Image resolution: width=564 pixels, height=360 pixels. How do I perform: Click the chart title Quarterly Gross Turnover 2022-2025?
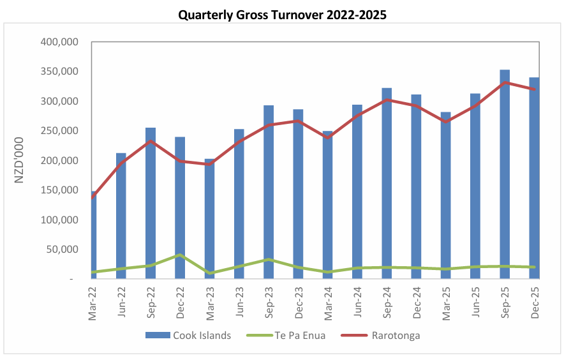pos(283,15)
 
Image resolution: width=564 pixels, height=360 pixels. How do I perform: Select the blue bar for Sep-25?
pos(505,174)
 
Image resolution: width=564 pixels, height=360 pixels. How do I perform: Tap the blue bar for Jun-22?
pos(121,216)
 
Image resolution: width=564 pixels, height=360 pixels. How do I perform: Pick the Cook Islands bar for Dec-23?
pos(298,194)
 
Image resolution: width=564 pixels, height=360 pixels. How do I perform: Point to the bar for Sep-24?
pos(387,183)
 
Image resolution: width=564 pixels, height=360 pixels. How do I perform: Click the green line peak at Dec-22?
pos(180,255)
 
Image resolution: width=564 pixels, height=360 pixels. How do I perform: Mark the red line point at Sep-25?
pos(505,83)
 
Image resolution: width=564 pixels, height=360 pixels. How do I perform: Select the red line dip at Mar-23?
pos(210,164)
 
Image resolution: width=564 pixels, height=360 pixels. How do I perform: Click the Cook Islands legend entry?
pos(188,336)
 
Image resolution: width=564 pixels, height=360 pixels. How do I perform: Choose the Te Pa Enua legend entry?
pos(286,336)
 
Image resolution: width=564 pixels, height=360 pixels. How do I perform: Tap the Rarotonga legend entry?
pos(380,336)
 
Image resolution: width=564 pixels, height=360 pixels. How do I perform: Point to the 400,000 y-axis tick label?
pos(59,42)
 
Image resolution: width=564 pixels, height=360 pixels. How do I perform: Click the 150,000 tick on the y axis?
pos(59,190)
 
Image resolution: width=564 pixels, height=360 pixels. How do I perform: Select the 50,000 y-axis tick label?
pos(63,249)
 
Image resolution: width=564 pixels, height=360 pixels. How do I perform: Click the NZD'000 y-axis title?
pos(19,160)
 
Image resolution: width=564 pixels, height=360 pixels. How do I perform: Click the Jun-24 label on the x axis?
pos(357,302)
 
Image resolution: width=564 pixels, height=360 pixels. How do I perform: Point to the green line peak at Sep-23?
pos(269,260)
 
